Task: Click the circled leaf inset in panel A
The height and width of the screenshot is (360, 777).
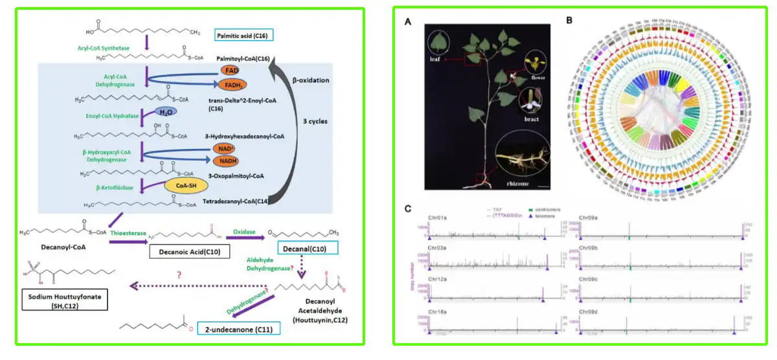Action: pos(440,43)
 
